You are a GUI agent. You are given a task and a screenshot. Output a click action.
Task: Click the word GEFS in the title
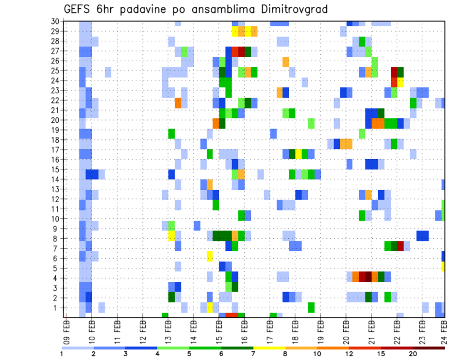pyautogui.click(x=79, y=9)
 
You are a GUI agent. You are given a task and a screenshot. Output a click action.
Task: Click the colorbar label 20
pyautogui.click(x=413, y=353)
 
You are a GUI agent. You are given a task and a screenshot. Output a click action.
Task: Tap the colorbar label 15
pyautogui.click(x=381, y=353)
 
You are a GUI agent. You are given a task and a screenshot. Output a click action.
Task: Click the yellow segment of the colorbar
pyautogui.click(x=269, y=348)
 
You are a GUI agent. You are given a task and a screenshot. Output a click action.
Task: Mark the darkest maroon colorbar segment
pyautogui.click(x=429, y=348)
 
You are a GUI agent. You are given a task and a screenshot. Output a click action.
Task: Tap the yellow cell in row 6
pyautogui.click(x=210, y=256)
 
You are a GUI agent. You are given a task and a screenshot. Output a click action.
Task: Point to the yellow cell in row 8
pyautogui.click(x=171, y=236)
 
